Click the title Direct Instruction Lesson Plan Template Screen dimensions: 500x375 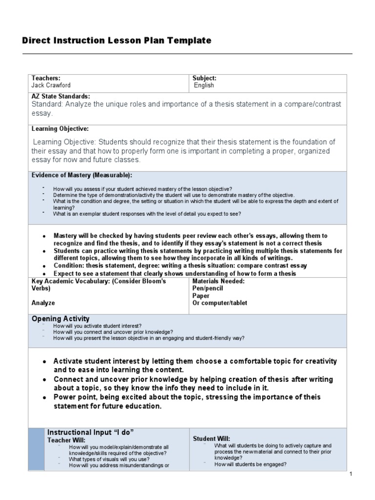(117, 41)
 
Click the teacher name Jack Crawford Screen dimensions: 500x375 (51, 85)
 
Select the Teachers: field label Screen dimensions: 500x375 (46, 78)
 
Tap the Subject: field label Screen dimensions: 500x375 (204, 78)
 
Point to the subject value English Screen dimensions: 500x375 (204, 85)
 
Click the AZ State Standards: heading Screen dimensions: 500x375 (61, 97)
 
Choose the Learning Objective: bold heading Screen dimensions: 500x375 (60, 129)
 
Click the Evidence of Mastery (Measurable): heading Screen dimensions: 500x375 (82, 175)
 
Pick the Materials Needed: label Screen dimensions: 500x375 (218, 281)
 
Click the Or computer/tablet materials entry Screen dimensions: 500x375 (220, 303)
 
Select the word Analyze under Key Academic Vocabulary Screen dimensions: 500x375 (43, 303)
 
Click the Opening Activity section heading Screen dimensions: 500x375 (61, 319)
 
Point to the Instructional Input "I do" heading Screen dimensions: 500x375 (90, 433)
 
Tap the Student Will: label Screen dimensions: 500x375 (211, 439)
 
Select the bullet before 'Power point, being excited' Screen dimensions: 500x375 (44, 398)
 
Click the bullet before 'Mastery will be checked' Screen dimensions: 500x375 (44, 236)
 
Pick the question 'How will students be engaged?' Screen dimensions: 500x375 (250, 464)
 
